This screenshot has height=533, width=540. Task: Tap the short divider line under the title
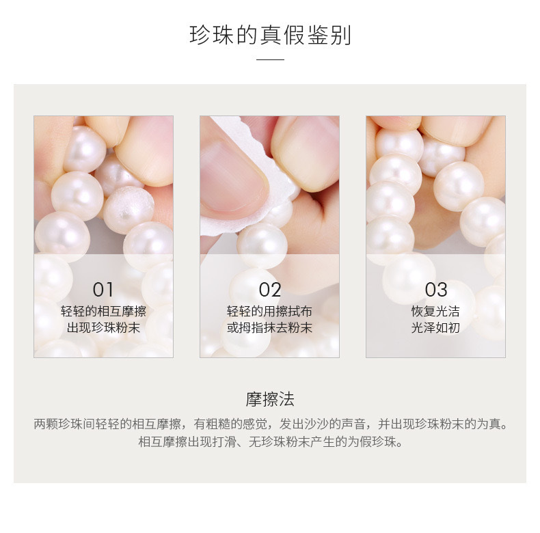[270, 60]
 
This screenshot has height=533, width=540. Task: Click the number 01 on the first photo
[103, 289]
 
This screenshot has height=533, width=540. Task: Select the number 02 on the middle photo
[269, 289]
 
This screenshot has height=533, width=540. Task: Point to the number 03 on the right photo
[435, 289]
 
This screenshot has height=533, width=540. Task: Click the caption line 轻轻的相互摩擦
[103, 311]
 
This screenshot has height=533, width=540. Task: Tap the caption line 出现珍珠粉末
[103, 327]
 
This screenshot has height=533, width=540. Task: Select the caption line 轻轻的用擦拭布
[269, 311]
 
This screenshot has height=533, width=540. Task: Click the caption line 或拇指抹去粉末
[269, 327]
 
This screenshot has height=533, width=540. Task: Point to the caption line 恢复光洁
[435, 311]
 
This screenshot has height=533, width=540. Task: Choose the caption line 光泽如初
[435, 327]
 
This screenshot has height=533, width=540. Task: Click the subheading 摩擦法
[270, 399]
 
